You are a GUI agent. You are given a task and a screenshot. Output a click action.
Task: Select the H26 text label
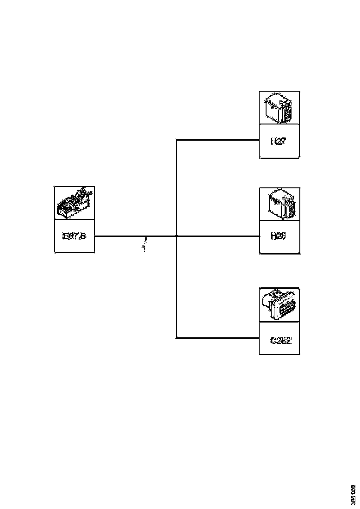click(279, 236)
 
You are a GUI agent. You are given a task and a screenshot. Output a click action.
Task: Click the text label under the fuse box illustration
click(74, 236)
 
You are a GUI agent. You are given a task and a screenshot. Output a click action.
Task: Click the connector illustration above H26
click(279, 204)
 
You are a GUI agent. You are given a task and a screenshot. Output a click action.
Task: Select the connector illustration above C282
click(279, 304)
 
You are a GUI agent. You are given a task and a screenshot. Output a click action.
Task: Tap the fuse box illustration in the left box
click(74, 203)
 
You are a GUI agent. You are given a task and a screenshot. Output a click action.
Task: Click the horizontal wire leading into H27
click(217, 140)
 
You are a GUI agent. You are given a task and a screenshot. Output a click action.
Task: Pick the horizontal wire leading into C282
click(217, 338)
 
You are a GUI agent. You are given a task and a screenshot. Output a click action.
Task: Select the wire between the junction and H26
click(217, 236)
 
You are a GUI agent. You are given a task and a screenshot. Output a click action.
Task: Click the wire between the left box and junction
click(134, 236)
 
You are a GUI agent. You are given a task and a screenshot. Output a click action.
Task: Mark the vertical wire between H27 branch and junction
click(177, 187)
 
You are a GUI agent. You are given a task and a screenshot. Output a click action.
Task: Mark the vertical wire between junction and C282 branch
click(177, 287)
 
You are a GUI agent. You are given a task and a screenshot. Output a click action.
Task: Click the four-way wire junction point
click(177, 236)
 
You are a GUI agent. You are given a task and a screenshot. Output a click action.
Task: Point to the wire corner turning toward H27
click(177, 140)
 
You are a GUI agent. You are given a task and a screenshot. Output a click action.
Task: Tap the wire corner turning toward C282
click(177, 338)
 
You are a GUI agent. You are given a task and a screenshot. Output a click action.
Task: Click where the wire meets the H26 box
click(259, 236)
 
